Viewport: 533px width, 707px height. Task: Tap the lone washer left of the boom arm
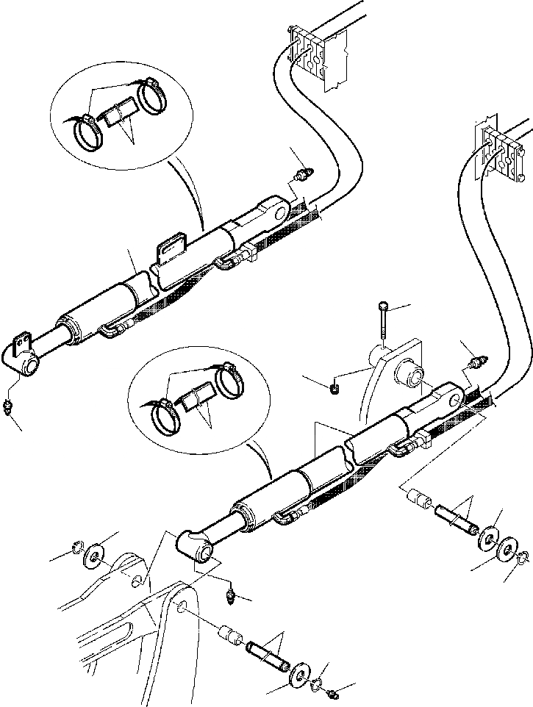95,554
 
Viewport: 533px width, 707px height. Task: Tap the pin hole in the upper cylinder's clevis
277,212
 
